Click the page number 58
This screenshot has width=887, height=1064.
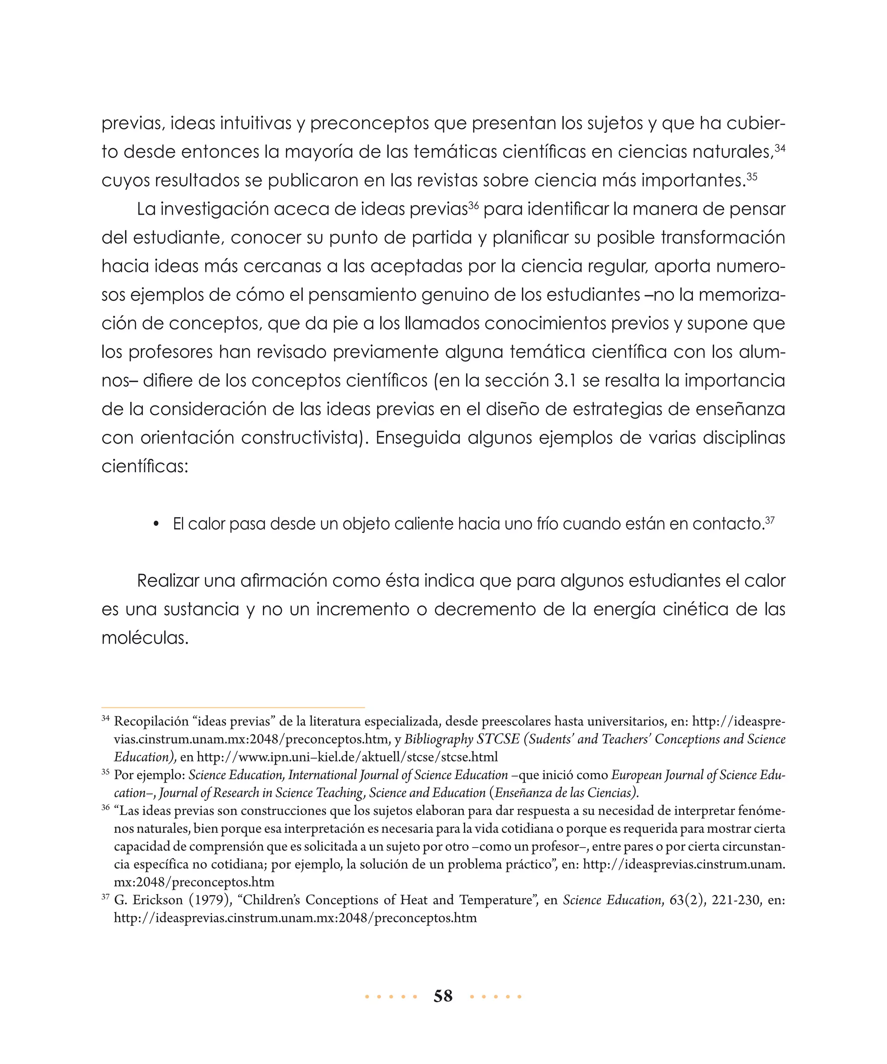click(x=443, y=996)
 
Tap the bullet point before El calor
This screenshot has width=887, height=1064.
click(x=156, y=524)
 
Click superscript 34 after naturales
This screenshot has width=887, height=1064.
click(x=780, y=148)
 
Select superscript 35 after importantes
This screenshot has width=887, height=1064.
click(x=752, y=176)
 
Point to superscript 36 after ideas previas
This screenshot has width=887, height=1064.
click(x=473, y=205)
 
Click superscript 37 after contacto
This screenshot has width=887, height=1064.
click(x=770, y=520)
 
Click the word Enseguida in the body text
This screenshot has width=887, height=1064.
click(x=418, y=438)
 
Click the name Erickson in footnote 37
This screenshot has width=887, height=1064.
click(x=158, y=900)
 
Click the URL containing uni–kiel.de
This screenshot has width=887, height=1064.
click(x=346, y=757)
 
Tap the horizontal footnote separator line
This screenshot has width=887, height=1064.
click(x=233, y=707)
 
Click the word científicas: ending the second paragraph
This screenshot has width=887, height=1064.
click(x=145, y=466)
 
